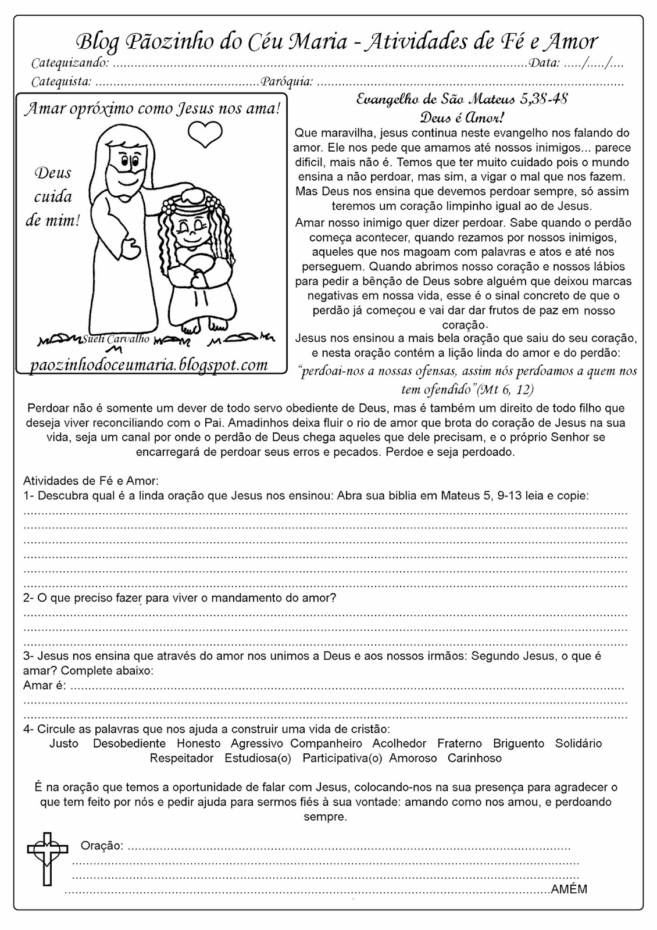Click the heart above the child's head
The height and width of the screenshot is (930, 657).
point(206,133)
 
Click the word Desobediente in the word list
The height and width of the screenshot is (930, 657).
point(129,743)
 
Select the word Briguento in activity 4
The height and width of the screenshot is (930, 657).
point(519,743)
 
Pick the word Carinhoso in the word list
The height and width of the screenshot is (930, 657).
point(474,758)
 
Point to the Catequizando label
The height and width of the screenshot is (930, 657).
point(69,63)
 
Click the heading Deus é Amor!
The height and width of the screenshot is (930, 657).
point(462,119)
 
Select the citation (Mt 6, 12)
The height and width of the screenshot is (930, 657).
point(505,389)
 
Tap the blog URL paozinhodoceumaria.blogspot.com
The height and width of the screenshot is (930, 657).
point(149,364)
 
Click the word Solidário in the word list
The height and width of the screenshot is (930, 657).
point(579,743)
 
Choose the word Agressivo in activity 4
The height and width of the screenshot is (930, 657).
point(256,743)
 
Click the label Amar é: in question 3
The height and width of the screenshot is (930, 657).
point(45,686)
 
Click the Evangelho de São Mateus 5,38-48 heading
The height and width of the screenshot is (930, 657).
point(462,99)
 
